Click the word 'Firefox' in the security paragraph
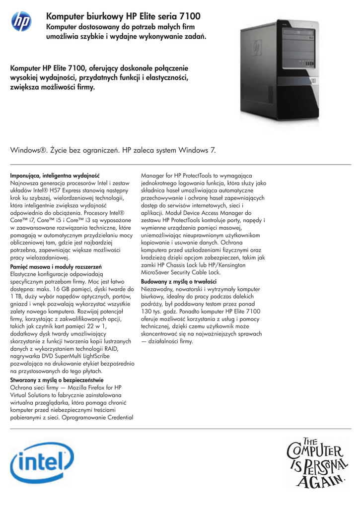tap(96, 387)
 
